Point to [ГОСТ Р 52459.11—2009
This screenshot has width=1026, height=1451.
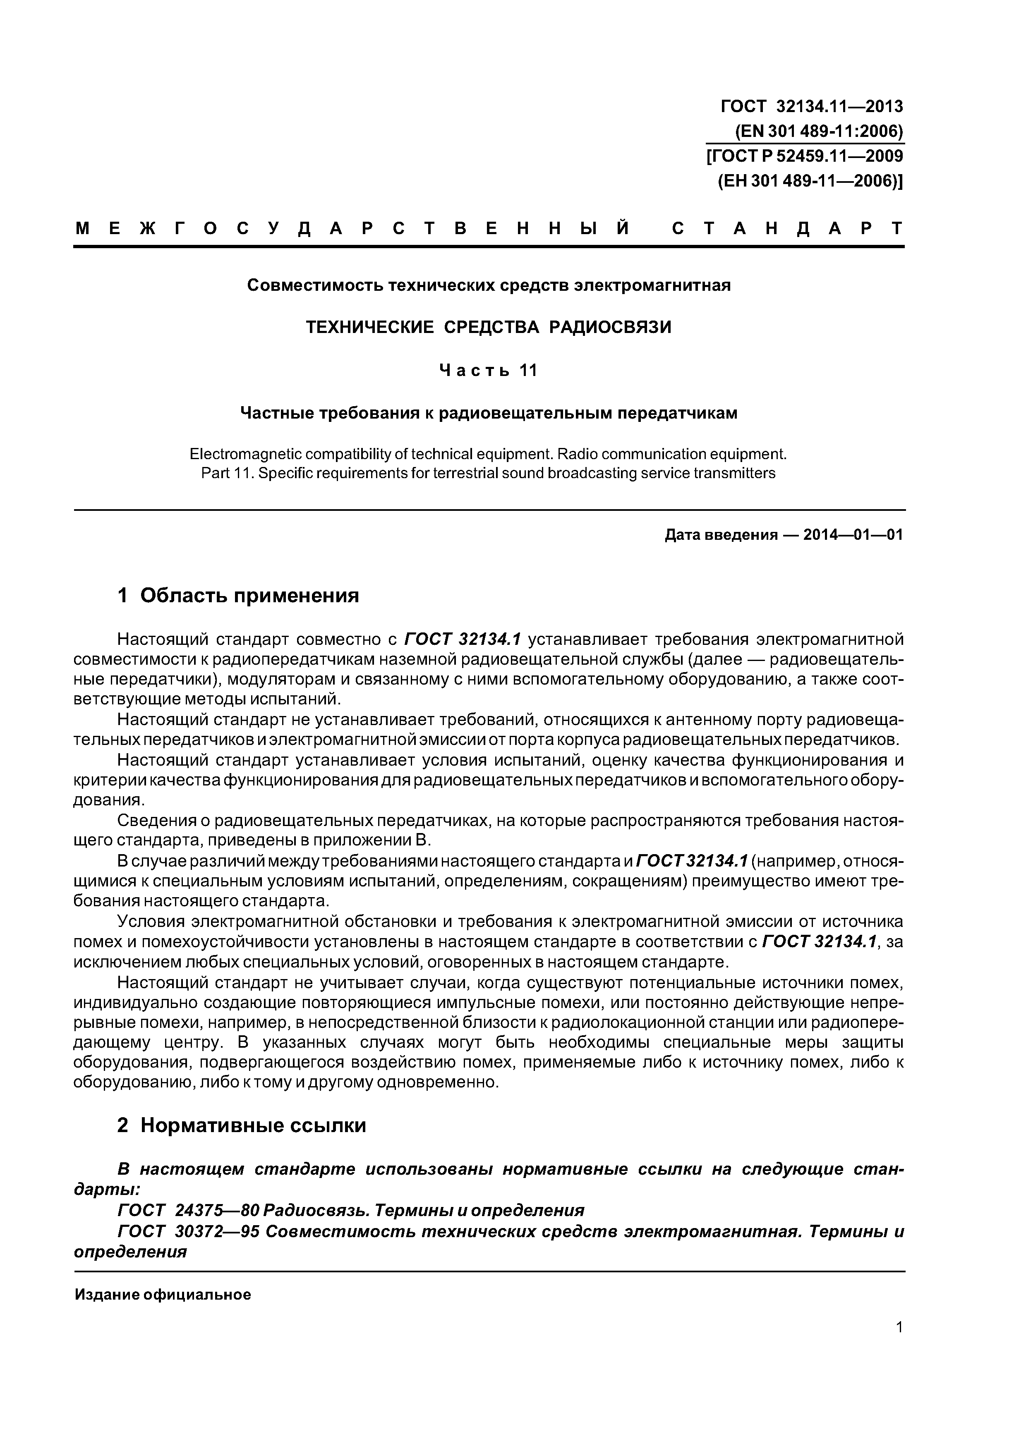[805, 156]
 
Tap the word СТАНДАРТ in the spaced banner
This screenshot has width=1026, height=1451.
[787, 228]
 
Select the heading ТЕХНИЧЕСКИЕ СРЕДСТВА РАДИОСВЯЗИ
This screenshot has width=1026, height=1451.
[489, 327]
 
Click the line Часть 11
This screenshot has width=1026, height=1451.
[489, 370]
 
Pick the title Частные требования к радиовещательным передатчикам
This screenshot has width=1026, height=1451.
[489, 413]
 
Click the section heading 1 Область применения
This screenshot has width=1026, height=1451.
[238, 595]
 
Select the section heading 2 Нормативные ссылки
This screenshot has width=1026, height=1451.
[242, 1125]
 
